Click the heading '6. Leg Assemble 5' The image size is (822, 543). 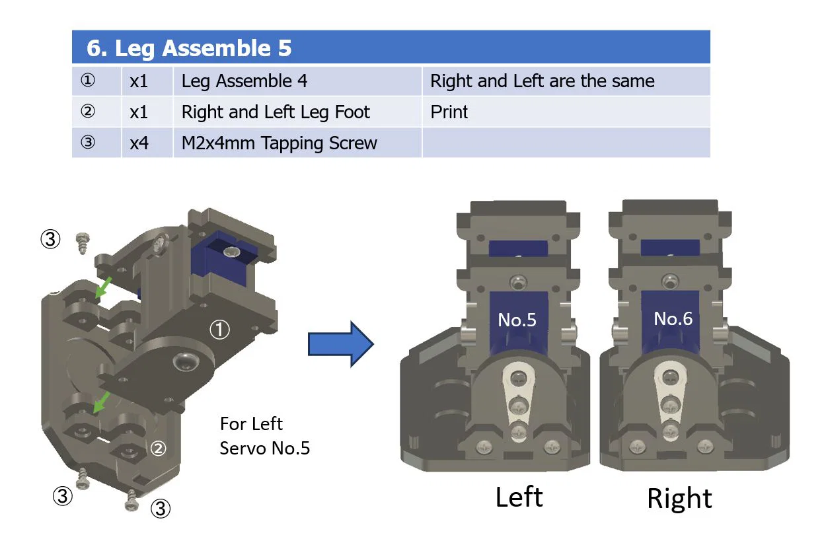189,48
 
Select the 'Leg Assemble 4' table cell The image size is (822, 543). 244,81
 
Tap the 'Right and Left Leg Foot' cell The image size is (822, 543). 276,112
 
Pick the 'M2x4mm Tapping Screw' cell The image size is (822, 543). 279,143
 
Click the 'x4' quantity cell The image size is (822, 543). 139,143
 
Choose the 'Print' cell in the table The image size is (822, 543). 449,112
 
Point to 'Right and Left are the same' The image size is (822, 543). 542,81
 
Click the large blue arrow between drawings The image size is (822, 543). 341,344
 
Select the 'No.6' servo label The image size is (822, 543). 673,319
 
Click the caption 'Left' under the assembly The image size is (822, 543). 519,497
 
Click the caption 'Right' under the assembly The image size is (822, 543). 679,498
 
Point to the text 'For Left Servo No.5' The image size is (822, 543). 264,435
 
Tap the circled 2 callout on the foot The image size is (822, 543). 158,449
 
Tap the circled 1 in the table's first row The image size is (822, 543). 87,81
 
